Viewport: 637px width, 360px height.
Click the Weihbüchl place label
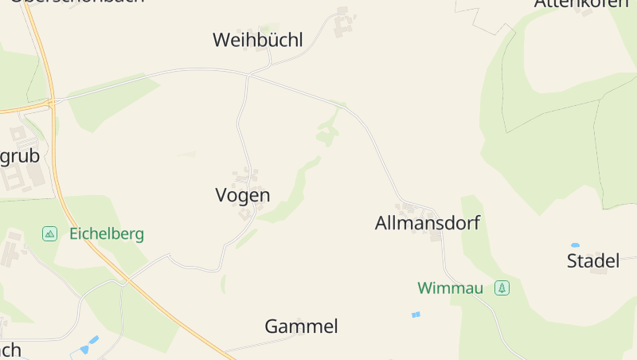pos(257,40)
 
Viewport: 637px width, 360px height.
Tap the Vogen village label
pos(243,195)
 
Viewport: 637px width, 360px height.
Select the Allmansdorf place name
pos(427,223)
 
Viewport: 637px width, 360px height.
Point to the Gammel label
pos(301,327)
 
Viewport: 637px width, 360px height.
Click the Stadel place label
pos(592,260)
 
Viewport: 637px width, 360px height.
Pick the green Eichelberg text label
pos(107,234)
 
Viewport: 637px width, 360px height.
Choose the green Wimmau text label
pos(450,288)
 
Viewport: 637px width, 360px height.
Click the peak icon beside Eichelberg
pos(50,234)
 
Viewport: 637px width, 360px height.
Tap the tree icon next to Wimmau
pos(502,288)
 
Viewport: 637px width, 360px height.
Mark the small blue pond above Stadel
pos(575,245)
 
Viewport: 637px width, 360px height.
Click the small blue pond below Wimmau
pos(415,315)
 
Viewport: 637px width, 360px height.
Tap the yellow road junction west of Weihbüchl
pos(50,103)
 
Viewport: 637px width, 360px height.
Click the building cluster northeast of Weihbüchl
pos(343,22)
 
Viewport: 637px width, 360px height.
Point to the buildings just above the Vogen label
pos(247,176)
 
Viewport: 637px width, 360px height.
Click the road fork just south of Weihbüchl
pos(248,76)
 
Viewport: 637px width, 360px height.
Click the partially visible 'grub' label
pos(19,156)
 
